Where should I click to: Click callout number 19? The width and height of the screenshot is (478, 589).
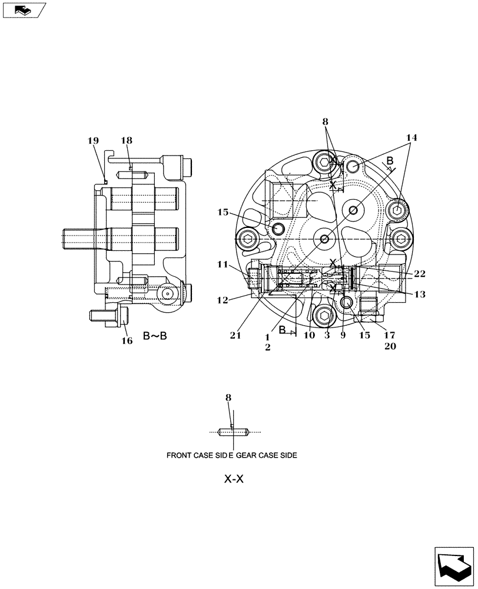(93, 141)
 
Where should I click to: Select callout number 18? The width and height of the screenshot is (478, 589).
(127, 140)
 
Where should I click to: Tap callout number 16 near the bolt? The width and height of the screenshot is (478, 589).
(127, 340)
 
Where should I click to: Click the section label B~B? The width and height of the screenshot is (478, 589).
(155, 336)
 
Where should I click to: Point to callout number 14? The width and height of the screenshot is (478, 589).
(411, 138)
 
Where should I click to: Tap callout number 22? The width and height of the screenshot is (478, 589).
(420, 273)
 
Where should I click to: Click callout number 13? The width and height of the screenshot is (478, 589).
(420, 294)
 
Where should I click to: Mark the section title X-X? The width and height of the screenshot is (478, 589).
(234, 479)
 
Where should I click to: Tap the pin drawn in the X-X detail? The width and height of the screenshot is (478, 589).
(235, 432)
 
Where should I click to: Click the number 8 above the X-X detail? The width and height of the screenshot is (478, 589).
(228, 398)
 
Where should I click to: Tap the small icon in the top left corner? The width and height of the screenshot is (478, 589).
(22, 10)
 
